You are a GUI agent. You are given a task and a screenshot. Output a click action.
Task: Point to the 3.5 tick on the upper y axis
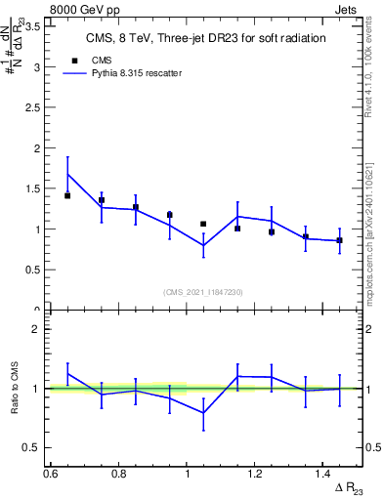click(35, 27)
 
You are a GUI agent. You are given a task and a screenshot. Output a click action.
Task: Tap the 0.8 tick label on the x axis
click(119, 473)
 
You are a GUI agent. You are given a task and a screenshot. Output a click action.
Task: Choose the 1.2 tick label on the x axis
click(256, 473)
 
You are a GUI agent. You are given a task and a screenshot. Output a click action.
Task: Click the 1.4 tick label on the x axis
click(324, 473)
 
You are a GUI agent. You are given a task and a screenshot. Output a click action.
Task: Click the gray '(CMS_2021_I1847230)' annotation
click(204, 292)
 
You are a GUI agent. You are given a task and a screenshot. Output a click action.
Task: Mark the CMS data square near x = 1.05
click(203, 225)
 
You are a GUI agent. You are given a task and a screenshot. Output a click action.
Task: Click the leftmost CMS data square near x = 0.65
click(67, 195)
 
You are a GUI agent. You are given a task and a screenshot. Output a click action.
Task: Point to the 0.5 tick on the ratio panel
click(35, 447)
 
